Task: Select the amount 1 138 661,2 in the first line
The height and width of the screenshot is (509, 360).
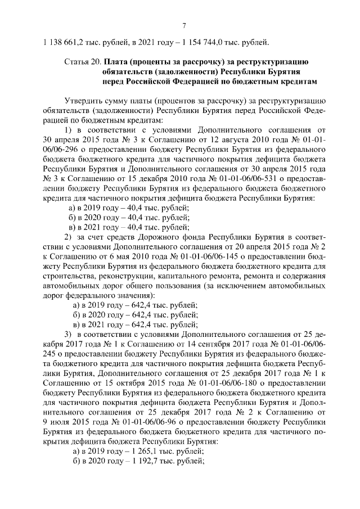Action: pos(62,40)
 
